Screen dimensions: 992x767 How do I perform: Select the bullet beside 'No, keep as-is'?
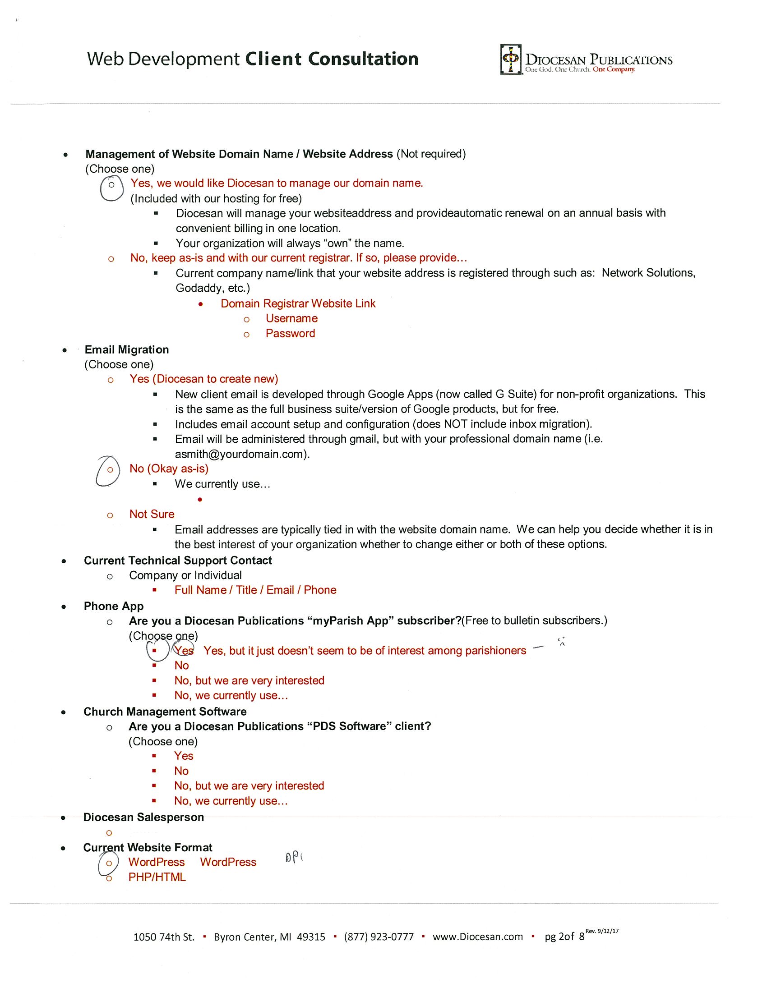111,259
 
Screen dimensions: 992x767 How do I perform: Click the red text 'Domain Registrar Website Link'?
298,303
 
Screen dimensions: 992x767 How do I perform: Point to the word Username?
291,318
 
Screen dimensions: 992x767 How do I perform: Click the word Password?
291,333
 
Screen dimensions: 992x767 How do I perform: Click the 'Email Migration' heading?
127,349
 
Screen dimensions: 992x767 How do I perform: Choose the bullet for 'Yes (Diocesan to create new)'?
111,380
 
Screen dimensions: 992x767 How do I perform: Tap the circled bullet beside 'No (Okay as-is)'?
110,469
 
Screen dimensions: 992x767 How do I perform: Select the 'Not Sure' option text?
152,514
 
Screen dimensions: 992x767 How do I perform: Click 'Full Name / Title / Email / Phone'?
255,590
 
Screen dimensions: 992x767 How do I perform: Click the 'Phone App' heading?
114,606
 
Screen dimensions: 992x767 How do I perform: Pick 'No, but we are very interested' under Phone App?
249,680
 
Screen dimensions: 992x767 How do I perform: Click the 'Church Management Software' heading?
165,712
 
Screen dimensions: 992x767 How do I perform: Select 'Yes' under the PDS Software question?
184,756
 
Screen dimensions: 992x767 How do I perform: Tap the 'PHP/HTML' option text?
157,877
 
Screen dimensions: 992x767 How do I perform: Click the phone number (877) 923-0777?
379,937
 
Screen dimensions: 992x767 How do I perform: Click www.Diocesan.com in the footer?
477,937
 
